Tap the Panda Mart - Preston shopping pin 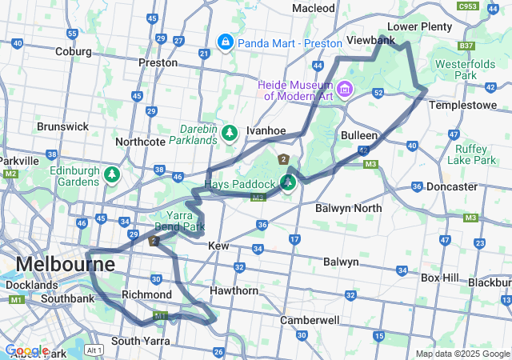point(225,41)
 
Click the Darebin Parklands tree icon point(230,132)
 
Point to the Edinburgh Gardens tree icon point(112,174)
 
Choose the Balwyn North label point(348,208)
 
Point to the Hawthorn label point(234,290)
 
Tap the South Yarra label point(140,341)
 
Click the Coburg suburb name point(74,51)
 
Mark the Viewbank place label point(371,40)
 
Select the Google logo point(26,350)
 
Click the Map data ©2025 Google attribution point(462,354)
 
